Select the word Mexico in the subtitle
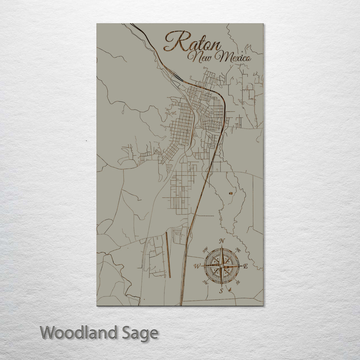point(233,57)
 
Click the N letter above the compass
point(222,241)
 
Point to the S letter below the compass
point(221,291)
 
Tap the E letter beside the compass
point(246,266)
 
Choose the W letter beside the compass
point(197,266)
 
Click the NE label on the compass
point(238,250)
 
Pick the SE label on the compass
point(238,282)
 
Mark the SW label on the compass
point(205,283)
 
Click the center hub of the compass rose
point(222,266)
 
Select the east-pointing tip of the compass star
point(240,266)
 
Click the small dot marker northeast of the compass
point(230,193)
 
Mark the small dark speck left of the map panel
point(86,141)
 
